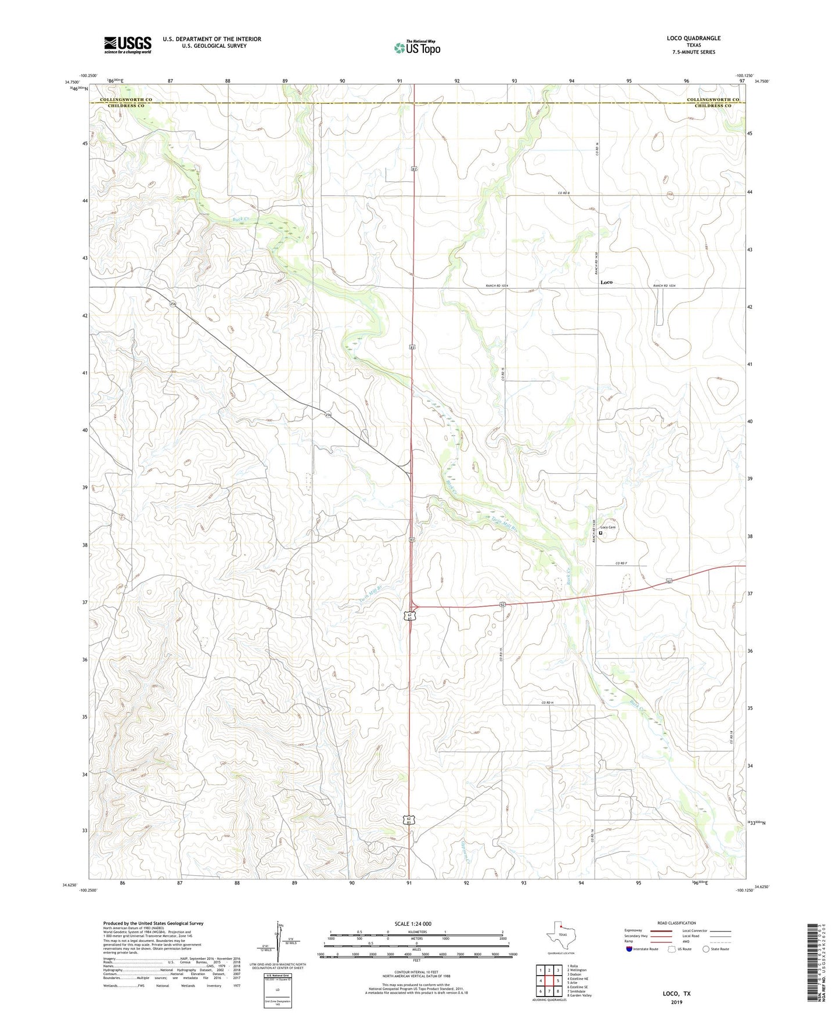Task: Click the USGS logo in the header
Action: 128,45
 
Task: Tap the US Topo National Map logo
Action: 417,48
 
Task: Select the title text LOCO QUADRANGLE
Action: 693,38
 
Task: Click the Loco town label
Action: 606,282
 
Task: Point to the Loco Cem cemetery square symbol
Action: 601,533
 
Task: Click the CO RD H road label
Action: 548,703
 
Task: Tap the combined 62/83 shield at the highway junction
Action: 410,616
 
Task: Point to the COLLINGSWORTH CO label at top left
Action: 126,100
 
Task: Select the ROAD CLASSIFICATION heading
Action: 677,923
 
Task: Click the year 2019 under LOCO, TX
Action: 676,1002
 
